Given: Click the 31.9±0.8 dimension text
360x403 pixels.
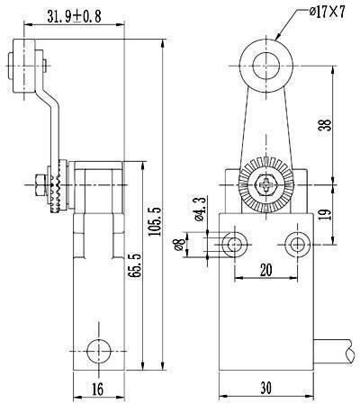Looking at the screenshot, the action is click(x=74, y=16).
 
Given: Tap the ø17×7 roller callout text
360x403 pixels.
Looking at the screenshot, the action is click(x=328, y=13).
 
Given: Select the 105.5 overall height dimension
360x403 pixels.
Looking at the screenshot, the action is click(x=156, y=221).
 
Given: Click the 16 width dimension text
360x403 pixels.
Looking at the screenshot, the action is click(x=97, y=390).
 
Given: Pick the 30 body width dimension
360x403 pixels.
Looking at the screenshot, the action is click(x=266, y=388).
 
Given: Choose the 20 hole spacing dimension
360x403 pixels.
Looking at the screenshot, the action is click(x=266, y=270).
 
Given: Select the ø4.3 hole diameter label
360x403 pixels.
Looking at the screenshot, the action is click(x=200, y=209).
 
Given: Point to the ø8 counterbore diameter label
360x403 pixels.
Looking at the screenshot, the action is click(x=179, y=244).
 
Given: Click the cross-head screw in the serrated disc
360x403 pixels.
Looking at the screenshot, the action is click(x=266, y=184).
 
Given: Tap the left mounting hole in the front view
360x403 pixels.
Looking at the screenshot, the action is click(x=235, y=245).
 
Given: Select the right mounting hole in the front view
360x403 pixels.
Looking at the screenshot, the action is click(x=297, y=245).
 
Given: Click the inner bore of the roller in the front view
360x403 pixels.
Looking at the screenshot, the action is click(x=266, y=66).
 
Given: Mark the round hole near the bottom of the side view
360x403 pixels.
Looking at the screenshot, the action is click(x=99, y=351).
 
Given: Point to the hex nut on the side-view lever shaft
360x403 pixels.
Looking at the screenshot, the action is click(x=40, y=184).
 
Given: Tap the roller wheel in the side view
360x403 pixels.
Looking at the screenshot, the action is click(x=23, y=66).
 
